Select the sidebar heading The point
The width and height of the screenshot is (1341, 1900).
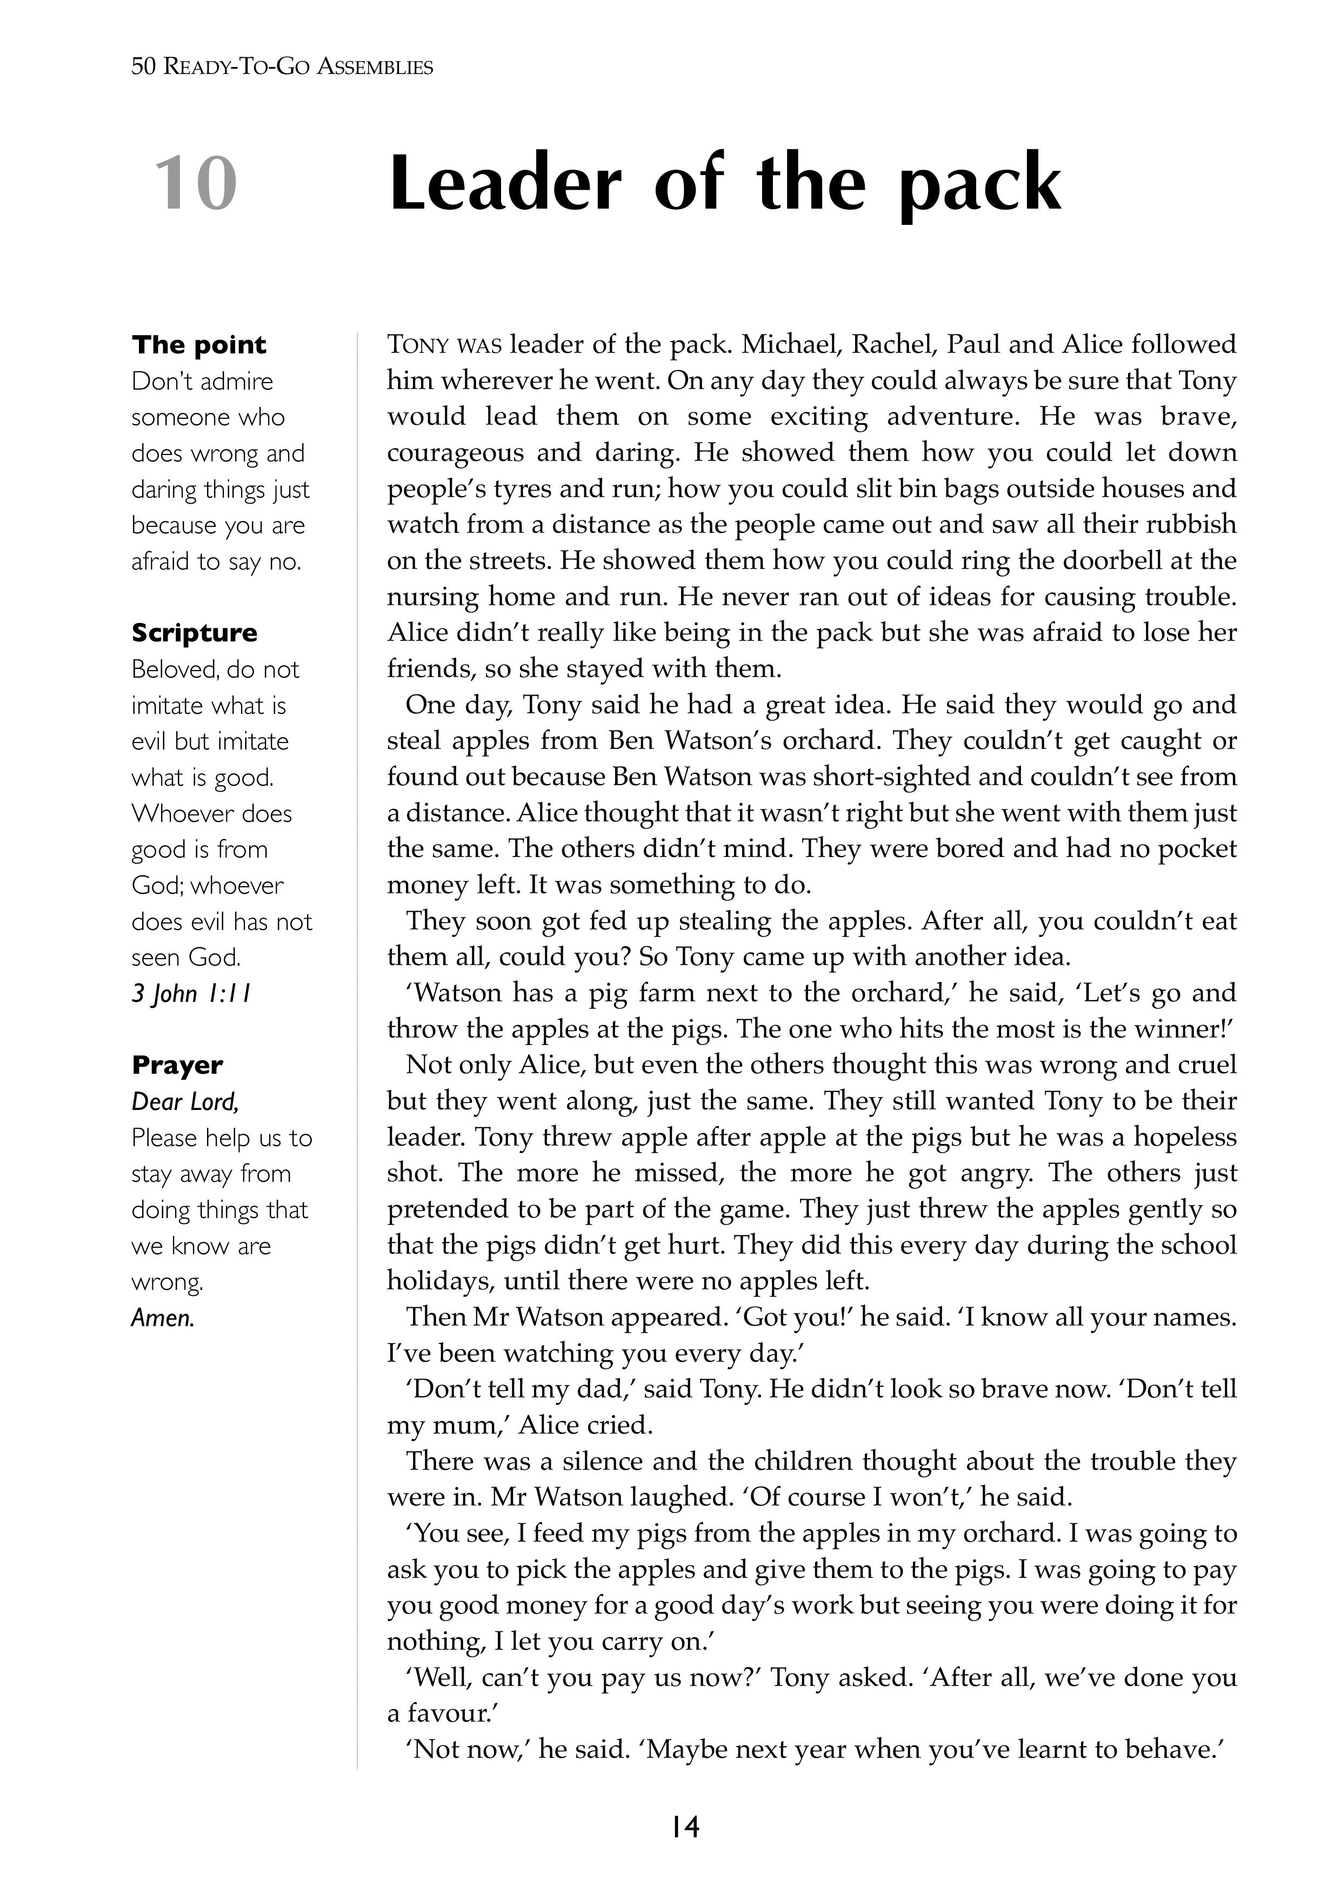[x=199, y=345]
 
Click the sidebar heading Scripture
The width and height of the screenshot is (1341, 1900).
[x=195, y=633]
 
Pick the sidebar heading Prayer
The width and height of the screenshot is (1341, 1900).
[x=177, y=1066]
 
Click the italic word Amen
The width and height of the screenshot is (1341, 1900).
[x=162, y=1318]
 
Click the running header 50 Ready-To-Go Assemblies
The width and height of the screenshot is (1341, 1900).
[x=282, y=67]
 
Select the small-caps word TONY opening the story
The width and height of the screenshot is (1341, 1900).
[x=418, y=345]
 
